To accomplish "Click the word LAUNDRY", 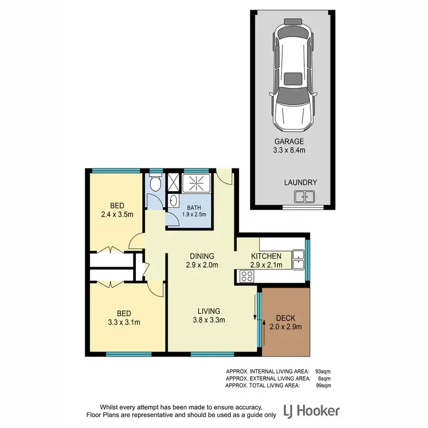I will click(300, 182).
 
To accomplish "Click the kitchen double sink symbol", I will click(298, 260).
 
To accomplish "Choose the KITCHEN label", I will click(266, 256).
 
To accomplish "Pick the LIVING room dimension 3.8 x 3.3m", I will click(209, 320).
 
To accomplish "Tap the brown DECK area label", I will click(285, 318).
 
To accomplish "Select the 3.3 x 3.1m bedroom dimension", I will click(124, 322).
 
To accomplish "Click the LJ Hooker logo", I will click(312, 410).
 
